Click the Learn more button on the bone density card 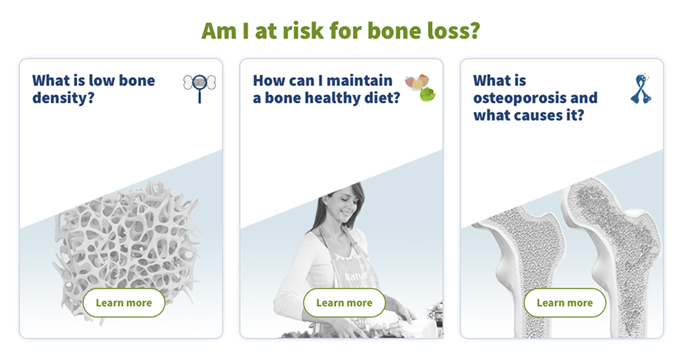pos(124,303)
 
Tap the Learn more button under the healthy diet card pos(344,303)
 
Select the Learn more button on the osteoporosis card pos(565,303)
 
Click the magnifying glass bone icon pos(200,87)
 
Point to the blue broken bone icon pos(641,89)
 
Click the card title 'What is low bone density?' pos(93,89)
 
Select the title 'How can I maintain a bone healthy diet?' pos(326,89)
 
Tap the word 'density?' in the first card pos(63,98)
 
